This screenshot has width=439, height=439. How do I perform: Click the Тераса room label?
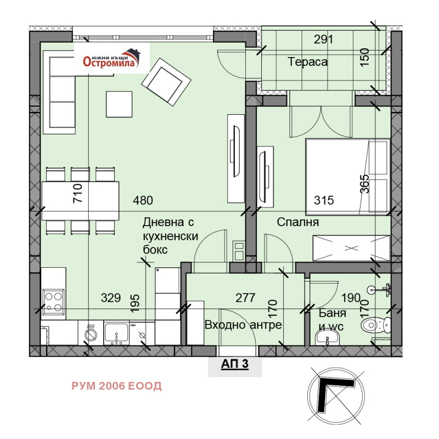[307, 62]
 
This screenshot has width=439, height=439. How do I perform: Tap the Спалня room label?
[298, 222]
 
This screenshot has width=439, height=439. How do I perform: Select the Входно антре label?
[243, 325]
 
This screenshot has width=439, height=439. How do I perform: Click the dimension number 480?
[143, 200]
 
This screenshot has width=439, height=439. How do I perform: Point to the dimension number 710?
[77, 193]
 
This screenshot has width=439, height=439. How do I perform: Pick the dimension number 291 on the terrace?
[323, 40]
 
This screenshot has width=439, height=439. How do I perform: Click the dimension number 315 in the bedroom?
[324, 200]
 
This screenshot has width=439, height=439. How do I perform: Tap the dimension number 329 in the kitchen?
[111, 298]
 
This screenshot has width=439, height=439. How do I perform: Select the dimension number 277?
[245, 298]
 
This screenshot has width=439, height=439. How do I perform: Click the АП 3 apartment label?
[235, 364]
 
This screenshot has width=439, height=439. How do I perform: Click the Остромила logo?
[112, 58]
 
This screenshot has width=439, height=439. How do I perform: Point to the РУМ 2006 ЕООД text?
[116, 386]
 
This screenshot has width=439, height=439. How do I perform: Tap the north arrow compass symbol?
[336, 395]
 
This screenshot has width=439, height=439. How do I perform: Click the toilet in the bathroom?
[376, 325]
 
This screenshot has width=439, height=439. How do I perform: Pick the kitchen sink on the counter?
[116, 333]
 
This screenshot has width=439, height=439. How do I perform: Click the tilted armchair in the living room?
[166, 82]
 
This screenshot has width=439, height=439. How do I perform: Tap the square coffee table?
[119, 104]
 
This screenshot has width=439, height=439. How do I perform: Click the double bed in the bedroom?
[348, 176]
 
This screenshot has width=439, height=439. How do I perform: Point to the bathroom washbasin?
[327, 338]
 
